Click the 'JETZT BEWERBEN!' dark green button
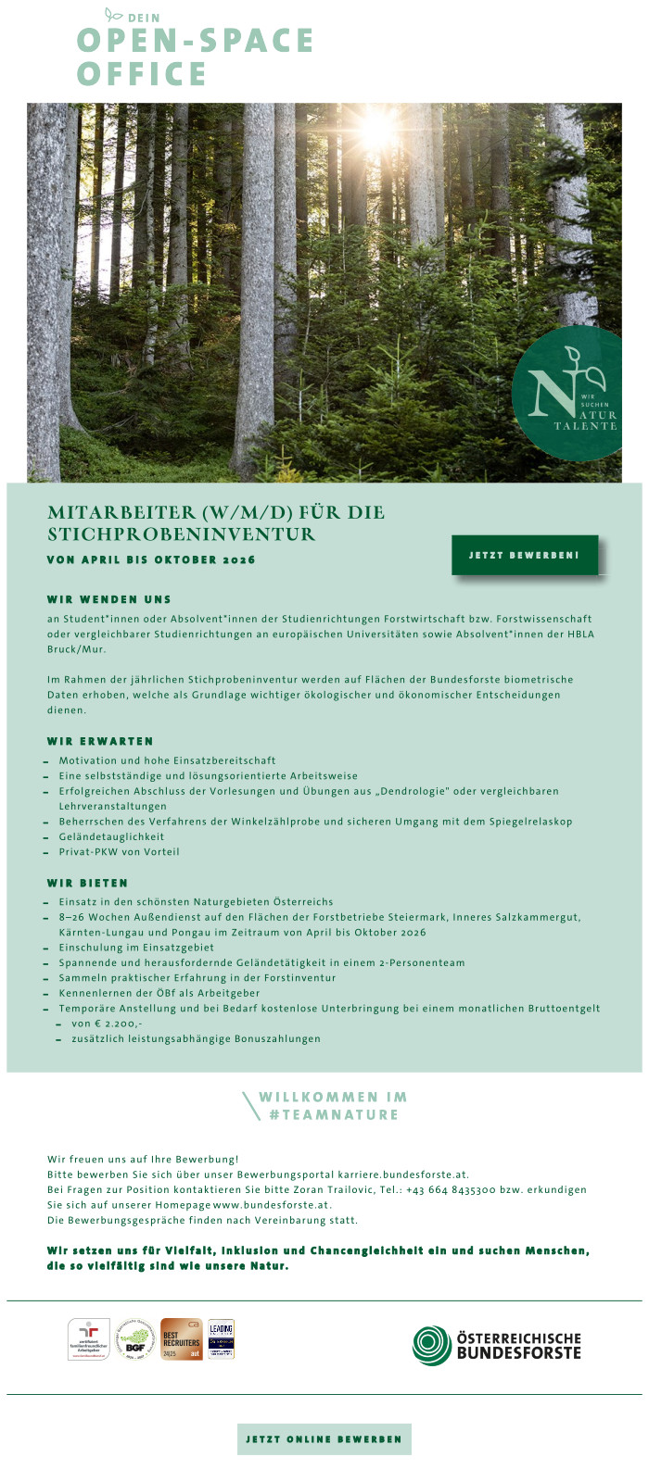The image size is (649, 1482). coord(525,555)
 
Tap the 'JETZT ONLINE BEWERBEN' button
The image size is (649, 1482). coord(324,1438)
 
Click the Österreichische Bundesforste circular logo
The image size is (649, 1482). coord(432,1345)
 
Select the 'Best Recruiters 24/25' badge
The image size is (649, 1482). coord(181,1339)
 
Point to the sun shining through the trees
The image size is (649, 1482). coord(379,131)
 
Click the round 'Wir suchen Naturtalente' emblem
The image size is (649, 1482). coord(566,393)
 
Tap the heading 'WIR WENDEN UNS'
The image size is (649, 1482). coord(109,599)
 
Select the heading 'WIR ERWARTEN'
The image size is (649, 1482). coord(100,741)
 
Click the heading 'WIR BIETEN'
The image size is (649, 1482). coord(88,883)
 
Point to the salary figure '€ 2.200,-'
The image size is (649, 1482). coord(118,1024)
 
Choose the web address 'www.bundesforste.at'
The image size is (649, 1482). coord(272,1205)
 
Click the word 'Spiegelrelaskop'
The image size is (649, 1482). coord(532,821)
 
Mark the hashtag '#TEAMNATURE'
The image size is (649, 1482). coord(334,1114)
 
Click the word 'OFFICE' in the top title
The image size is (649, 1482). coord(142,74)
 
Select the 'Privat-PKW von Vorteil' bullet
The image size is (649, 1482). coord(119,851)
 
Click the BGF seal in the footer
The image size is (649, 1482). coord(135,1339)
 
